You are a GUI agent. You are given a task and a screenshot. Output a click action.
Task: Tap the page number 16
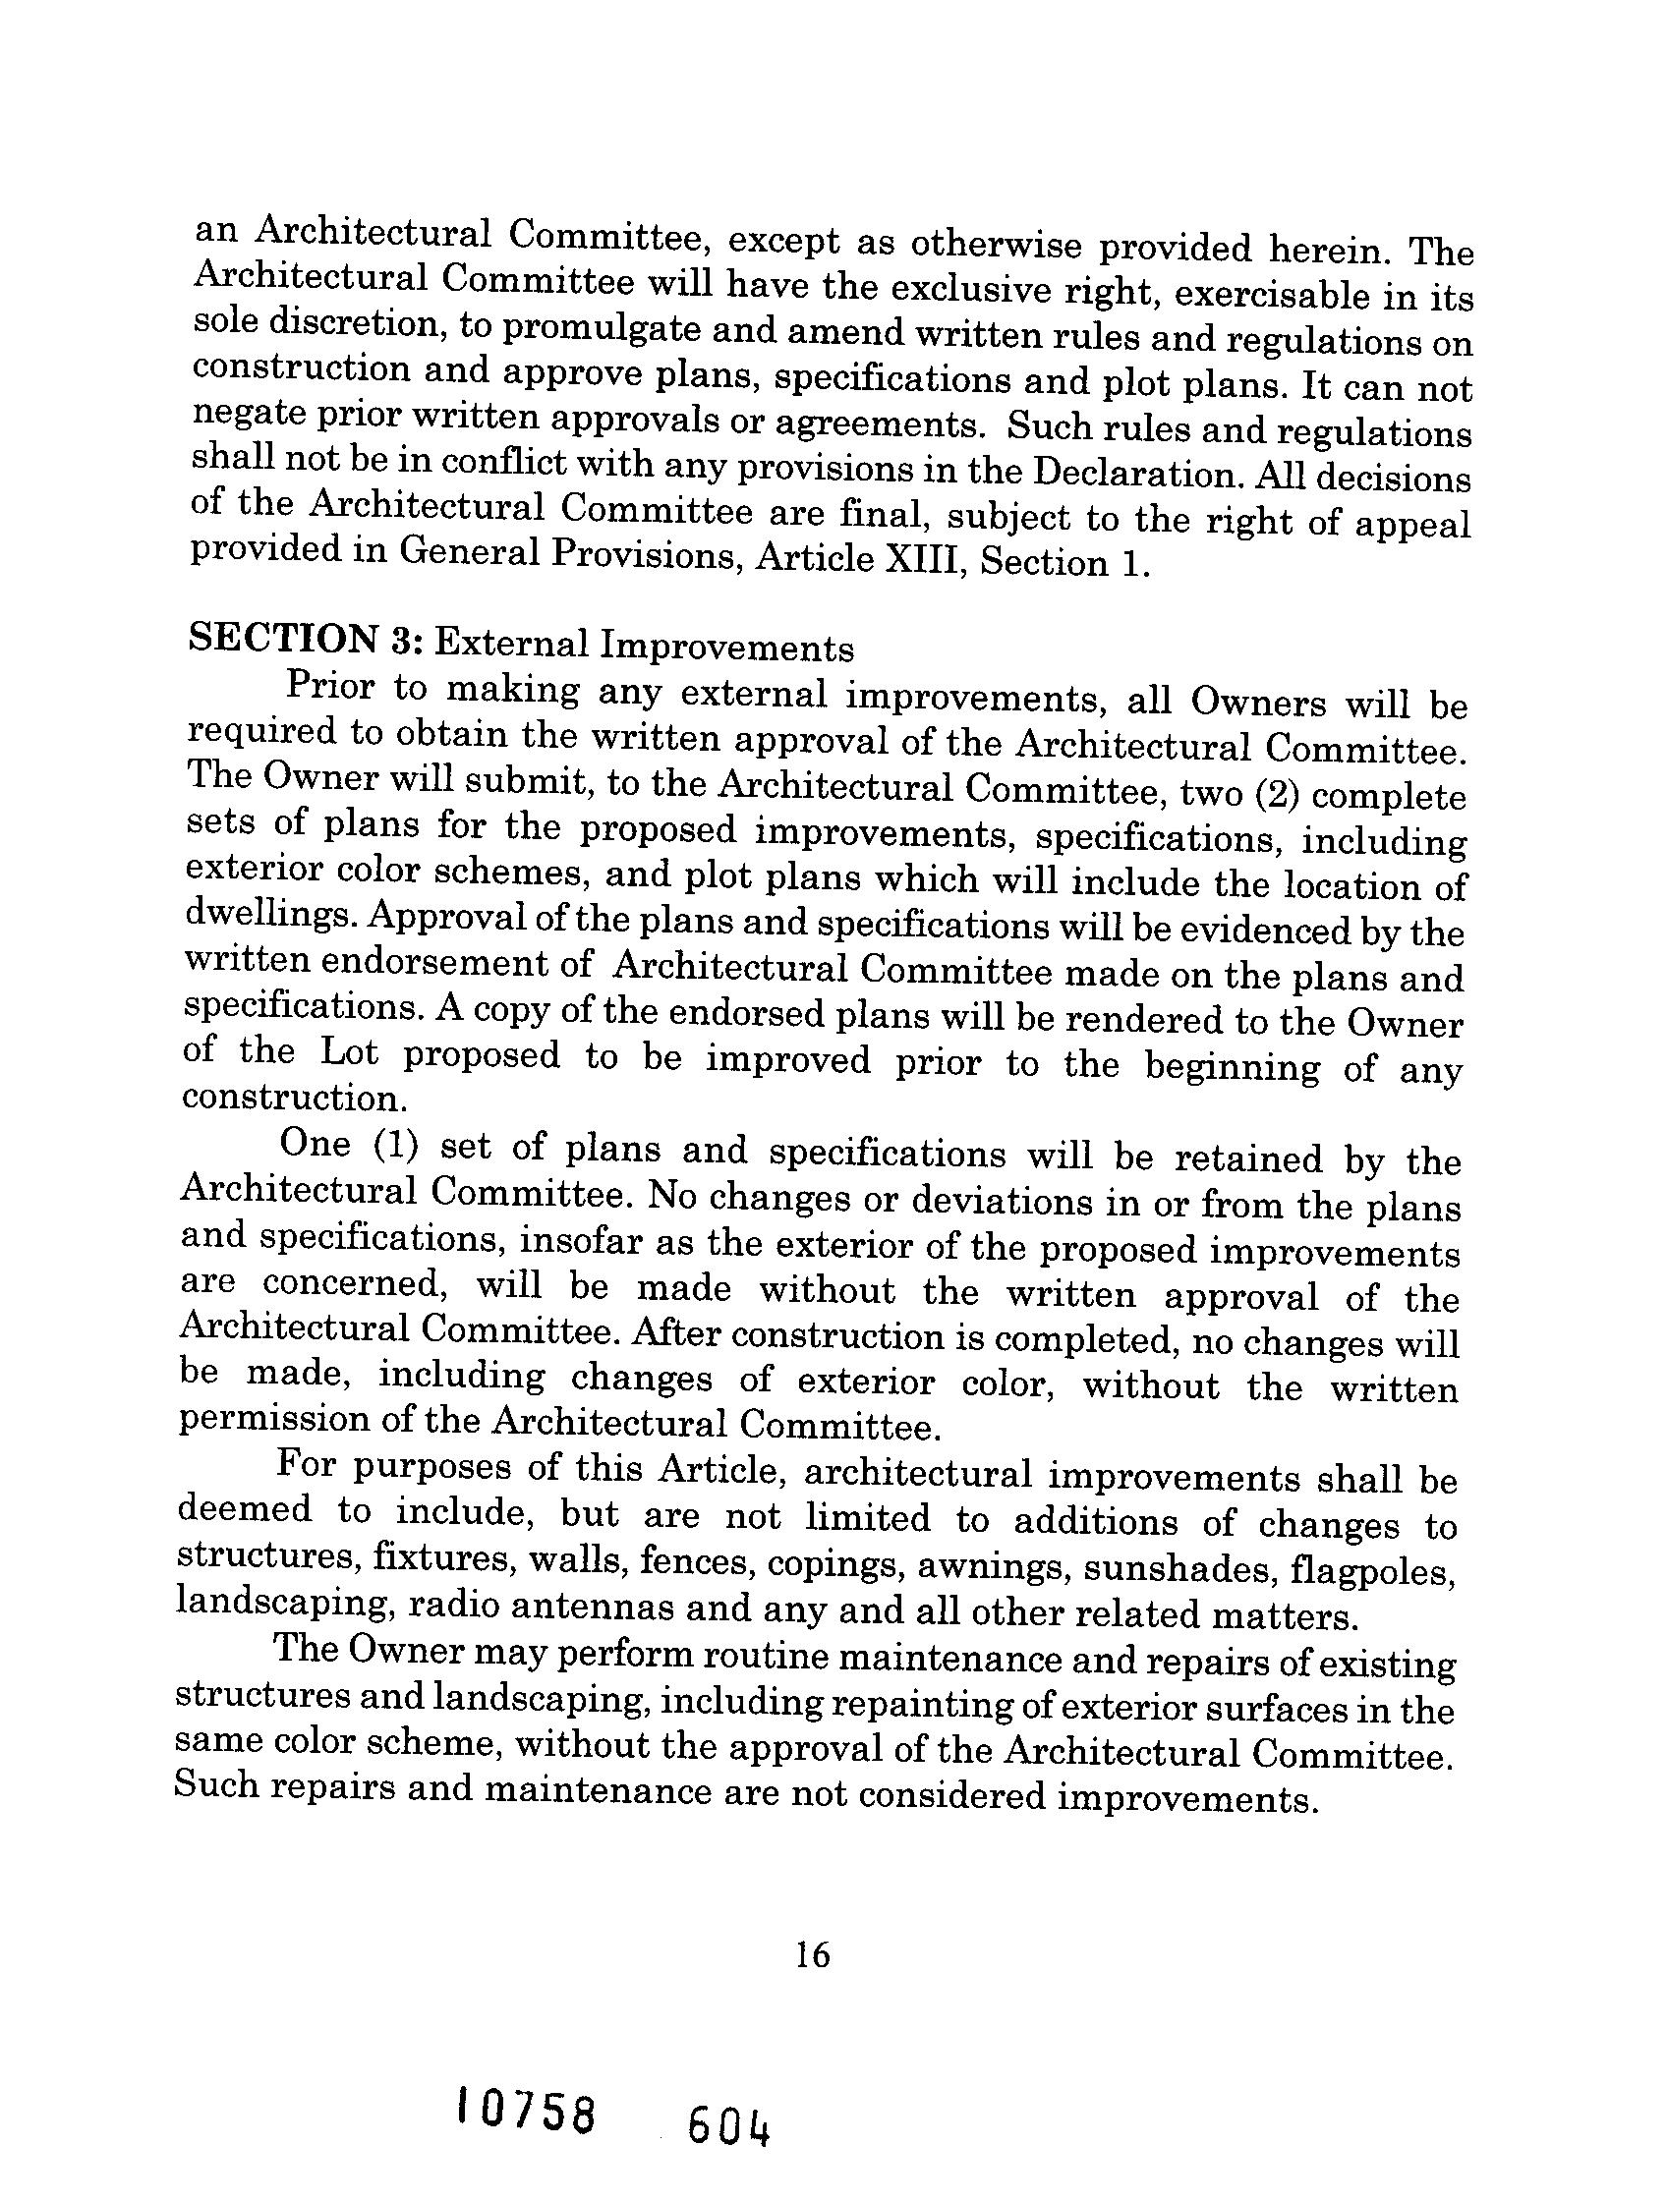pyautogui.click(x=813, y=1955)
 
